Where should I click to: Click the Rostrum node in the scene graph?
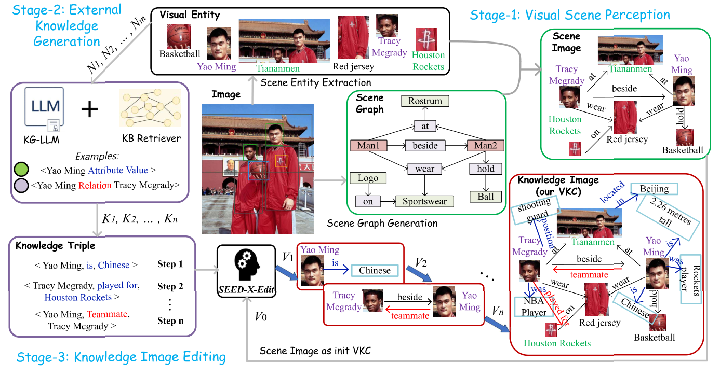(x=425, y=101)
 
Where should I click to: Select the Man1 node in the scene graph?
(x=368, y=146)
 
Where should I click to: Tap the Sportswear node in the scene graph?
(x=425, y=201)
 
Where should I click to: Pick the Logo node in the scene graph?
(x=368, y=178)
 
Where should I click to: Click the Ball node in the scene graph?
(x=485, y=197)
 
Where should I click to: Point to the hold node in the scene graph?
(x=485, y=169)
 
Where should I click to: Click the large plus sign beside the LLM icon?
(x=90, y=109)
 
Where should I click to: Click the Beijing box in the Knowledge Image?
(x=654, y=189)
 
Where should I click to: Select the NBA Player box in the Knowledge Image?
(x=535, y=306)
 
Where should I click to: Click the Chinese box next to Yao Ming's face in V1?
(x=375, y=270)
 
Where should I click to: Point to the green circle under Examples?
(x=21, y=170)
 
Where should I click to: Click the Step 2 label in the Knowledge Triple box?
(x=170, y=286)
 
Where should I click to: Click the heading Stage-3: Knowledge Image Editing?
(x=121, y=357)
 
